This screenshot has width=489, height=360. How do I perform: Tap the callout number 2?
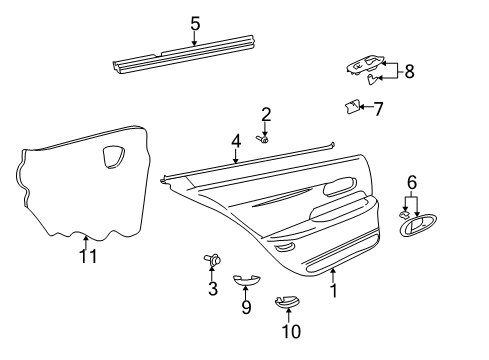pos(266,114)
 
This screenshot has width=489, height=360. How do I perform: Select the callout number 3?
pos(212,289)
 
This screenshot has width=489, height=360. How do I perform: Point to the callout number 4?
pos(235,141)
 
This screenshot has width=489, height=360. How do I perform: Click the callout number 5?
pos(195,22)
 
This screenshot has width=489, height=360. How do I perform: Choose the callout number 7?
pos(378,108)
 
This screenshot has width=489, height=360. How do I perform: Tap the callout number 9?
pos(246,307)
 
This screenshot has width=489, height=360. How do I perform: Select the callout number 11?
pos(88,257)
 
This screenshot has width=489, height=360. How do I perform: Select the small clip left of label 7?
pos(351,106)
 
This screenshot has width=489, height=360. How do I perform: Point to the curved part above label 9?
pos(246,281)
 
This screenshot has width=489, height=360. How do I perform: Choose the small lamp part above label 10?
pos(288,302)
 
